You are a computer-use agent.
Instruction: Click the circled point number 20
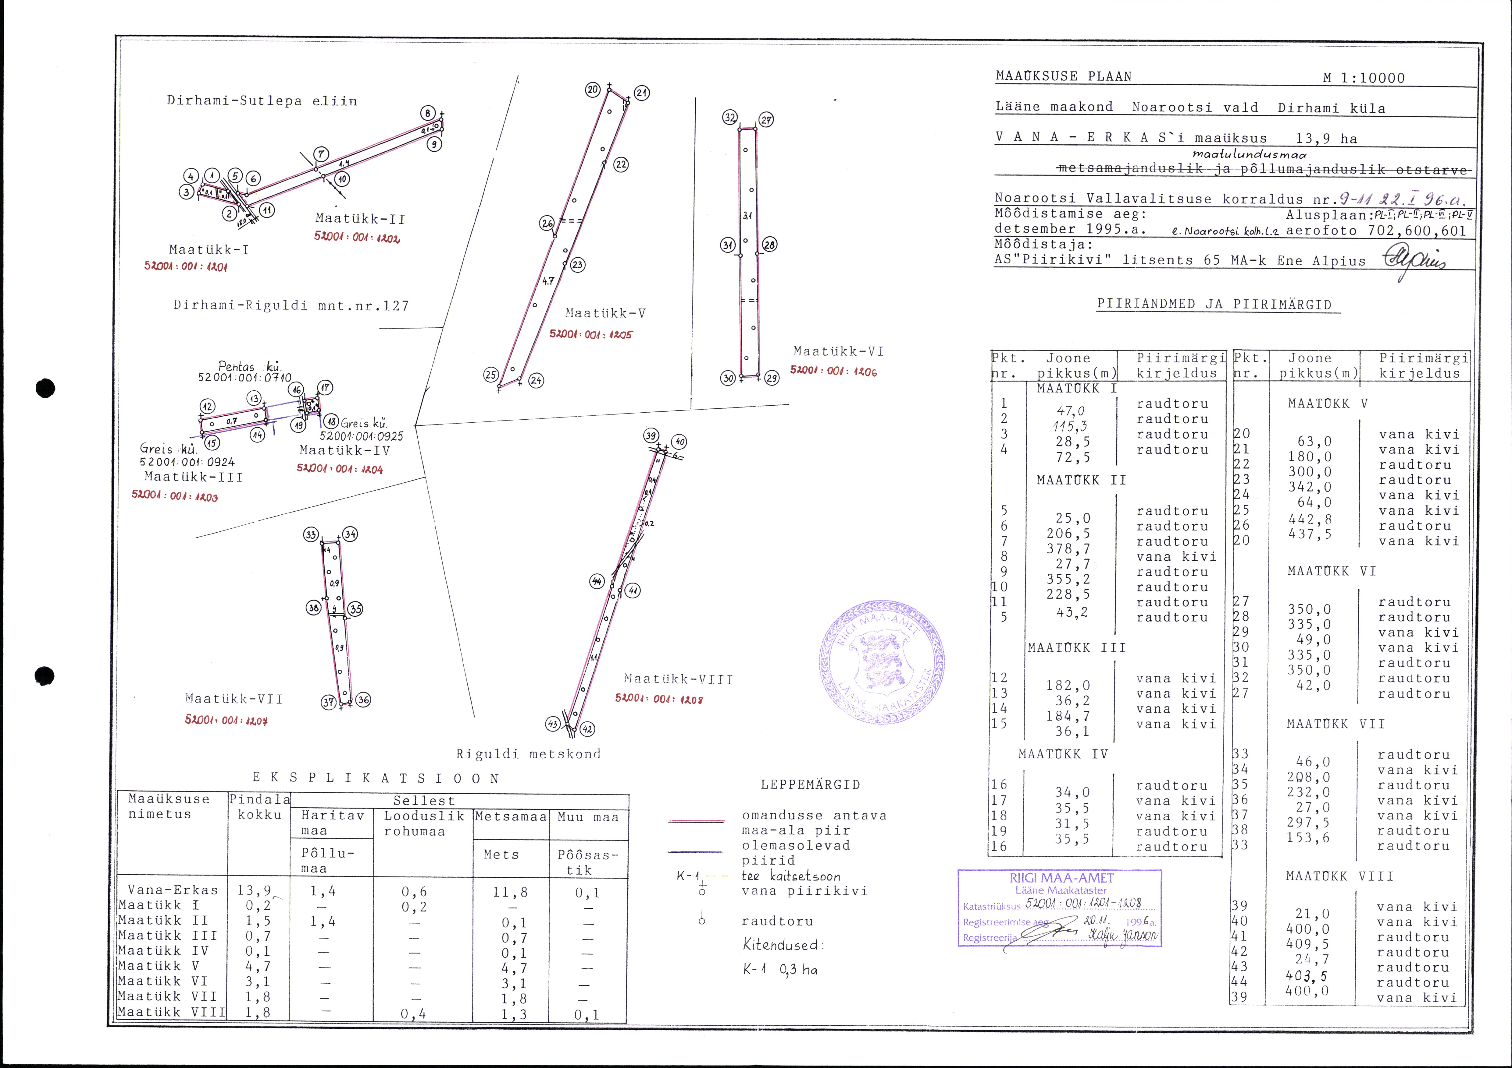(x=593, y=90)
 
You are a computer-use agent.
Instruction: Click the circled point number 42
(x=587, y=729)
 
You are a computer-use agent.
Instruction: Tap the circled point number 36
(x=363, y=700)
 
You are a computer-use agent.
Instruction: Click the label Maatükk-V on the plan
(x=605, y=313)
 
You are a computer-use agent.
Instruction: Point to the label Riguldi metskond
(x=528, y=754)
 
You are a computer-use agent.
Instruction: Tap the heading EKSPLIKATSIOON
(x=376, y=778)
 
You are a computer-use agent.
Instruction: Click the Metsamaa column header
(x=510, y=817)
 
